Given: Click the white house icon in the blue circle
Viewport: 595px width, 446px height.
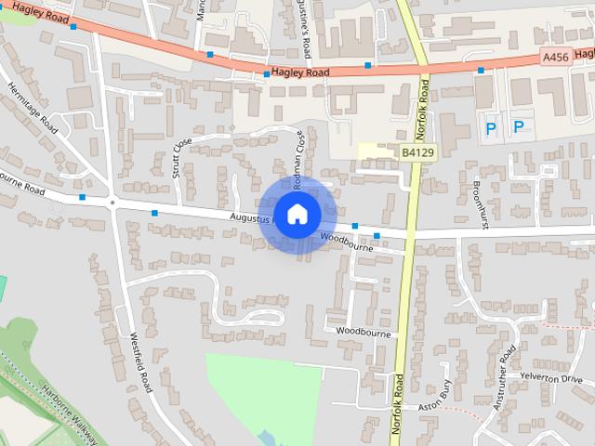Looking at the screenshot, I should [x=297, y=214].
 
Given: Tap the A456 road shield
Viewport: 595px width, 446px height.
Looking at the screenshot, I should [x=555, y=59].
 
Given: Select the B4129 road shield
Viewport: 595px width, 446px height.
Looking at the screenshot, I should [x=417, y=151].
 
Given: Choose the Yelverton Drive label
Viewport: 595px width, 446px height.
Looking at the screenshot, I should [x=551, y=379].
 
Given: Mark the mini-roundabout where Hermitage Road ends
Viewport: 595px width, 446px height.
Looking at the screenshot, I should [x=112, y=201].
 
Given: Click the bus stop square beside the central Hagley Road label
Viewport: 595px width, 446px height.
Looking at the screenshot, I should [x=267, y=73].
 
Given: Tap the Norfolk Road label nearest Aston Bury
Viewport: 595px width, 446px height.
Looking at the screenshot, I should [x=397, y=408].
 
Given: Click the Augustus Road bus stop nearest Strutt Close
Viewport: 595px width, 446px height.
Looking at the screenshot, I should [x=154, y=213].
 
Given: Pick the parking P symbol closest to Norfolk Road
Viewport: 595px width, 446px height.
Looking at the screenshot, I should [x=491, y=126].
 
